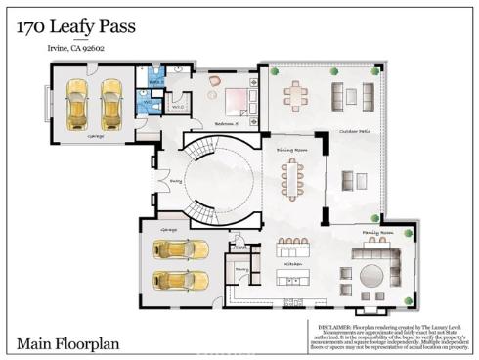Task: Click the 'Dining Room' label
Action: (292, 150)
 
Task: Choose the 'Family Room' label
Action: (378, 232)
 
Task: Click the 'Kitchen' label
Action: (293, 263)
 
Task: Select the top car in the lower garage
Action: (181, 248)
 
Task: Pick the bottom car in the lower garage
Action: (181, 279)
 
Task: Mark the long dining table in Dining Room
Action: (292, 179)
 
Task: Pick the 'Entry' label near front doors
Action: (177, 180)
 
